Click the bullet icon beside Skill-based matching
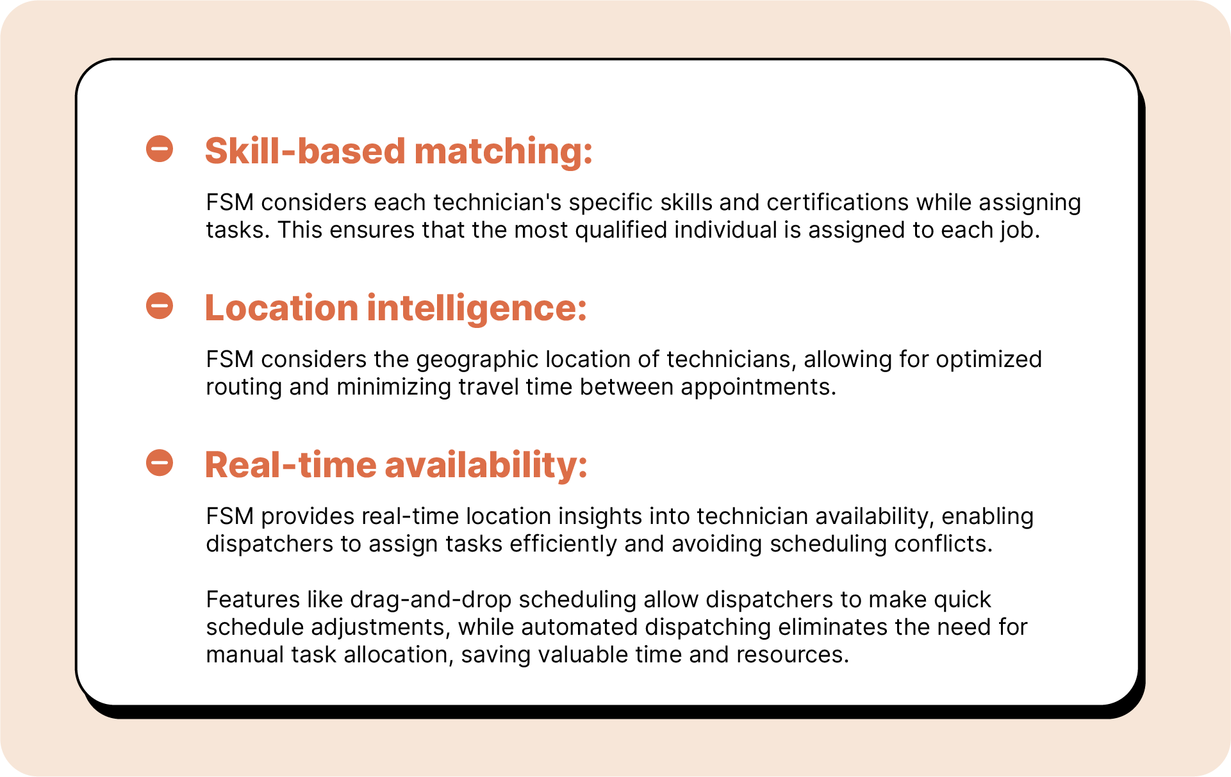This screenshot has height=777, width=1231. [160, 149]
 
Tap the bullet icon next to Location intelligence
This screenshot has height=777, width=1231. [160, 306]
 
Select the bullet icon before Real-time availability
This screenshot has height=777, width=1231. [160, 462]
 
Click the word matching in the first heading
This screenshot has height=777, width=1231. [504, 152]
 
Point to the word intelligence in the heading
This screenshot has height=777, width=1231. [477, 309]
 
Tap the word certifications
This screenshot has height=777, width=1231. [838, 202]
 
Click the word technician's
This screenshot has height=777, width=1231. [497, 202]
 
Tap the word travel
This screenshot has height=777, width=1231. [488, 388]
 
